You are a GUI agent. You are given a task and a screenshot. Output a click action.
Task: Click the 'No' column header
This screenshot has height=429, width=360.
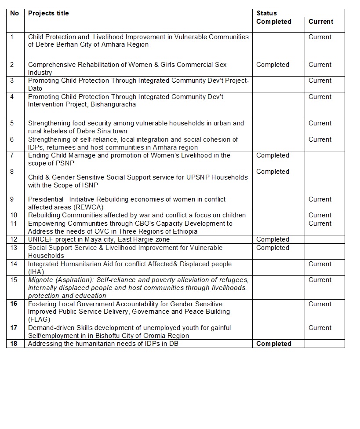[x=15, y=13]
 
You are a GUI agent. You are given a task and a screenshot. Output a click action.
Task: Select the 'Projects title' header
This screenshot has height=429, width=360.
[x=48, y=13]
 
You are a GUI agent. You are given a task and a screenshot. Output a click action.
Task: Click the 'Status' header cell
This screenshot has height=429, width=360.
[x=266, y=13]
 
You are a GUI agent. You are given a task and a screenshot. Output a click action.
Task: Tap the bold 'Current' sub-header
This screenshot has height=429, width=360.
[x=320, y=22]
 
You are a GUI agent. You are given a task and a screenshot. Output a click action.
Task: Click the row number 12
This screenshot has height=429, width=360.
[x=14, y=239]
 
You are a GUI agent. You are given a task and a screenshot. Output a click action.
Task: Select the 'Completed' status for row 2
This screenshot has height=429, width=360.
[x=273, y=65]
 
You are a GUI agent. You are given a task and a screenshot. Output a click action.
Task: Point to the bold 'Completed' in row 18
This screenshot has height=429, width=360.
[x=273, y=344]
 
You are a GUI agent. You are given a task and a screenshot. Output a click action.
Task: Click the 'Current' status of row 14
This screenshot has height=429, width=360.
[x=320, y=264]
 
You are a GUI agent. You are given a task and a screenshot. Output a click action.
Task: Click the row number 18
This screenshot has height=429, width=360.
[x=14, y=344]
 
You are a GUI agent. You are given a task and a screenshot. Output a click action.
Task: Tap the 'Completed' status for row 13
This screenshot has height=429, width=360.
[x=273, y=248]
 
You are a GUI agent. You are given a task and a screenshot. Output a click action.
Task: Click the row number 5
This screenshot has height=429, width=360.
[x=12, y=123]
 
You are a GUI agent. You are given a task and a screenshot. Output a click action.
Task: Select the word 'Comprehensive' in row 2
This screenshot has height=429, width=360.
[x=52, y=65]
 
